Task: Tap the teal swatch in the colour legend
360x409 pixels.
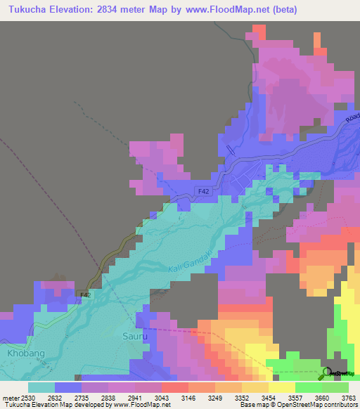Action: point(41,387)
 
